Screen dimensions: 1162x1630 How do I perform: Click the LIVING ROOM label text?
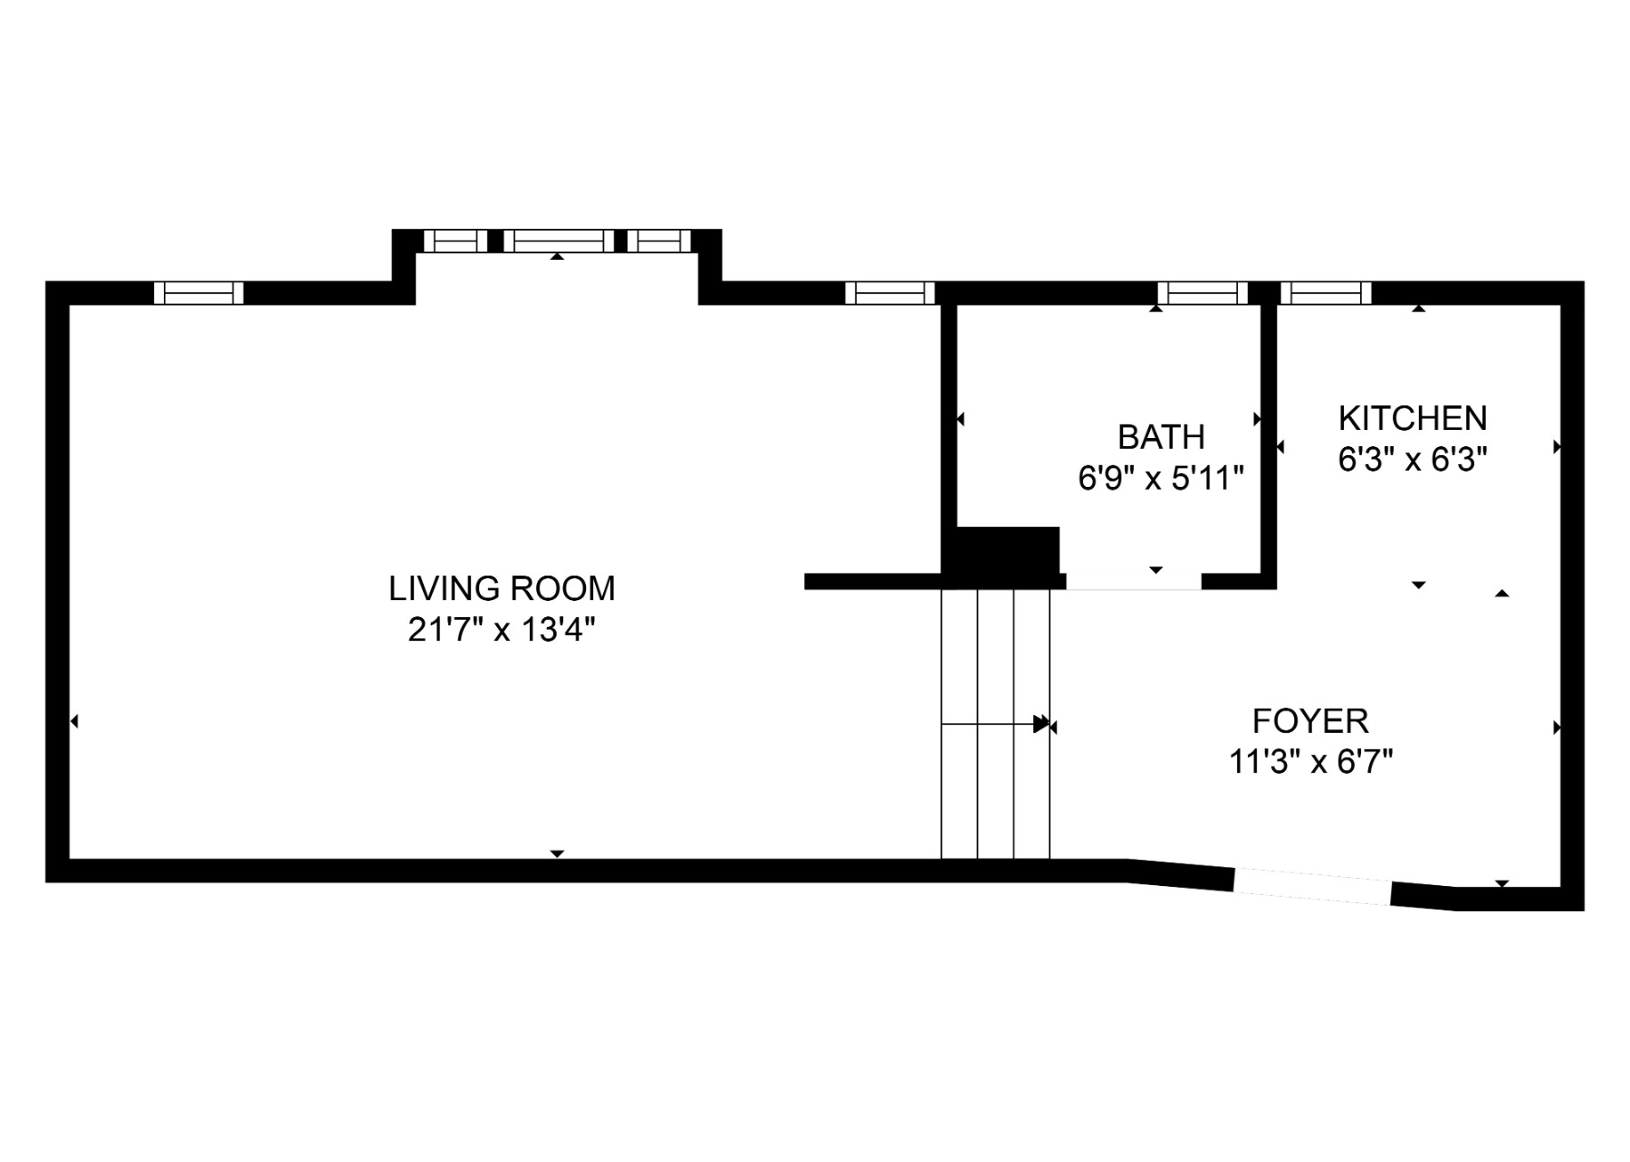(x=502, y=588)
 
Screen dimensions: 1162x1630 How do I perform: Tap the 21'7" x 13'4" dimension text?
(x=502, y=630)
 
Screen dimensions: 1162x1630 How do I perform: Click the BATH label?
(x=1161, y=437)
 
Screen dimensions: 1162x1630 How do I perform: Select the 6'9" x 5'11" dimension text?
(x=1161, y=478)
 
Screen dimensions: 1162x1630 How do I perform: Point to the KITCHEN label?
(x=1413, y=418)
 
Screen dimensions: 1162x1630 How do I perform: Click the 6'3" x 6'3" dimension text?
(x=1413, y=460)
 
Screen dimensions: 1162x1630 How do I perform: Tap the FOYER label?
(x=1310, y=721)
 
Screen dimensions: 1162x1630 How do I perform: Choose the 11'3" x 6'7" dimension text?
(x=1310, y=762)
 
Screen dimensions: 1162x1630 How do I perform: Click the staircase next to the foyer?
(x=995, y=724)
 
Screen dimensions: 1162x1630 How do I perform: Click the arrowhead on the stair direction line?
(x=1040, y=724)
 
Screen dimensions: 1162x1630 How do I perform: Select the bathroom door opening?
(x=1134, y=583)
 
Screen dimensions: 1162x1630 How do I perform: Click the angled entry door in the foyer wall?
(x=1312, y=887)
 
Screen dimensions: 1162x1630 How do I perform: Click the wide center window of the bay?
(x=559, y=241)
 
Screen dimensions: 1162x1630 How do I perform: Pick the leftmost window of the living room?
(x=198, y=293)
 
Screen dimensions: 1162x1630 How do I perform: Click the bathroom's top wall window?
(x=1203, y=293)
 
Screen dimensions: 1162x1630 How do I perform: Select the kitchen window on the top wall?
(x=1326, y=293)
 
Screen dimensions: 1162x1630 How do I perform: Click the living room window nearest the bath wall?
(x=889, y=293)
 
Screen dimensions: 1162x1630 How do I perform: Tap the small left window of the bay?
(x=455, y=241)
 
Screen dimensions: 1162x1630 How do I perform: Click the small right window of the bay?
(x=659, y=241)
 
